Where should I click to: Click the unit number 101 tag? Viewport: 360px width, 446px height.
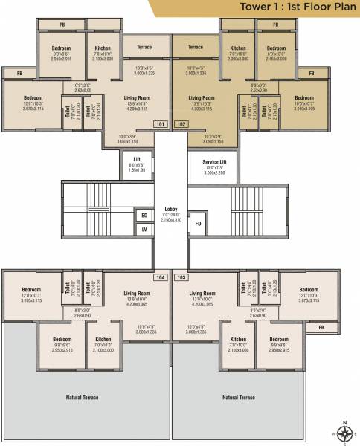160,124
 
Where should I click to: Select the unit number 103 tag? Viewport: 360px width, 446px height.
181,277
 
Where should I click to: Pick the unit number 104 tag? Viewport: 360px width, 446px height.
160,277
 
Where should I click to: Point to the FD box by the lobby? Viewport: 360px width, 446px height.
199,223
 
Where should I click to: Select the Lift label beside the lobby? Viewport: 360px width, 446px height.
137,159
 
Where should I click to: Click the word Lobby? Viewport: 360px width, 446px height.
171,210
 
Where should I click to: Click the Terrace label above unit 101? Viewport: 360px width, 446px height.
144,47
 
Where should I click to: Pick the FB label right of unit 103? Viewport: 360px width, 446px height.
321,327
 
